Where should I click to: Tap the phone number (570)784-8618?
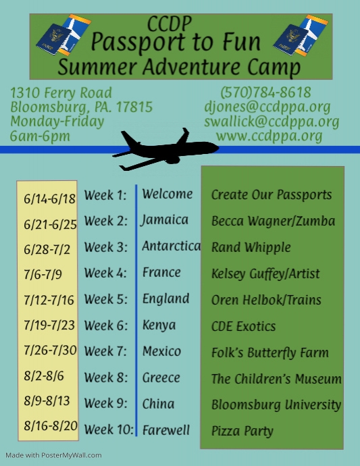point(265,93)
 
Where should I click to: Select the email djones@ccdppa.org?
point(267,107)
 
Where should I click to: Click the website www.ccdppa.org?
point(269,136)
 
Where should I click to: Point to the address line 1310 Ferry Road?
point(61,93)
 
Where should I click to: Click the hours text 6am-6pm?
point(41,136)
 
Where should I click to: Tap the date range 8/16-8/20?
point(51,426)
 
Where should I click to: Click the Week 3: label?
point(105,247)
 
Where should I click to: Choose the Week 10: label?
point(109,430)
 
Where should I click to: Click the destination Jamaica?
point(165,220)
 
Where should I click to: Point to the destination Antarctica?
point(171,247)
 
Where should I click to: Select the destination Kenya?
point(159,326)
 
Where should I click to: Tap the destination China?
point(158,404)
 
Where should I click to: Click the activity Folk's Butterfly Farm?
point(270,353)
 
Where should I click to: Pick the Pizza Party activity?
point(242,430)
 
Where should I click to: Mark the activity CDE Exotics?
point(243,327)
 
